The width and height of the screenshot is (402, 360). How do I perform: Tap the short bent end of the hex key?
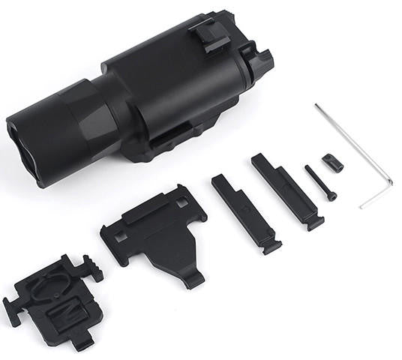pyautogui.click(x=375, y=200)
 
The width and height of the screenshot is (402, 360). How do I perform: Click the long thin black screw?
pyautogui.click(x=320, y=182)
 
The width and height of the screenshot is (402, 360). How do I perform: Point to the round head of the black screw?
pyautogui.click(x=331, y=196)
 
